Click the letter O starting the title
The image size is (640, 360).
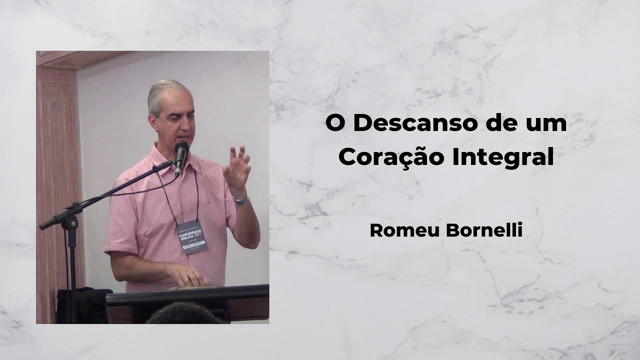(335, 124)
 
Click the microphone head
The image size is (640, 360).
(181, 149)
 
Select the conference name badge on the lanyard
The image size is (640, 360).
(192, 237)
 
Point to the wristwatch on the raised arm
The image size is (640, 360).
(240, 200)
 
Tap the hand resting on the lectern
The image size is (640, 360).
(185, 274)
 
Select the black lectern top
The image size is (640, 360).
(187, 295)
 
